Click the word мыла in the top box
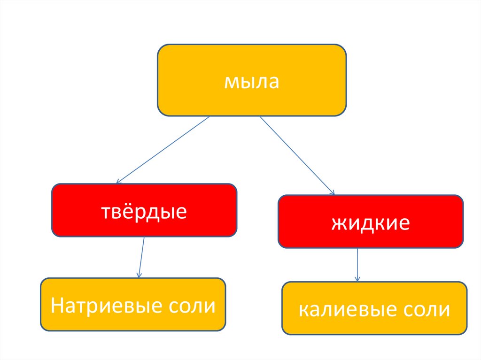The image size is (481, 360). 251,82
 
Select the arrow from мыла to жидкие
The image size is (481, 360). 297,155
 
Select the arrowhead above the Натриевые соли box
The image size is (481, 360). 139,275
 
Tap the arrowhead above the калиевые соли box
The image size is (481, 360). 357,279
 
